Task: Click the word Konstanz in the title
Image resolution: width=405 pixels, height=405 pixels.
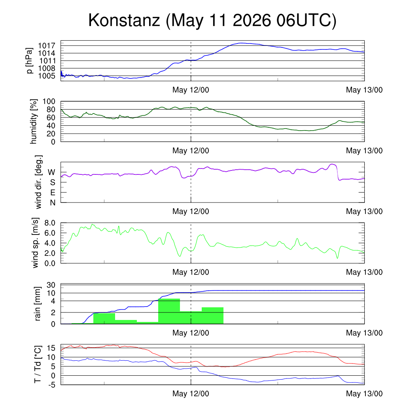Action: [124, 20]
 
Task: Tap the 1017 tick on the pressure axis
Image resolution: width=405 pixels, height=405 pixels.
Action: [47, 46]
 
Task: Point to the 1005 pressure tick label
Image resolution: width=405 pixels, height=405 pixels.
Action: [47, 76]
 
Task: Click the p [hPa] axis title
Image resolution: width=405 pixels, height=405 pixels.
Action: [30, 61]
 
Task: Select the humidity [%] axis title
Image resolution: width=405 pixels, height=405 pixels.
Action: [34, 121]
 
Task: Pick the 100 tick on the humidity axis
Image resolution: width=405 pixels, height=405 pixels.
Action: [49, 101]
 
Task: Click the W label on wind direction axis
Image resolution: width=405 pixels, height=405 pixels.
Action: [51, 172]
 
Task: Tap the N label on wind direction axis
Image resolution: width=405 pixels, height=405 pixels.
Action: [53, 203]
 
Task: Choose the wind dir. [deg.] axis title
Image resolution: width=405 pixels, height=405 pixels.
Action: [38, 182]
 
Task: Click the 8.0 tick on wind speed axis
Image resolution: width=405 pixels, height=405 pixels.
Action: [50, 223]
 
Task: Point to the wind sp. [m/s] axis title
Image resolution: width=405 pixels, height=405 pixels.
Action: [35, 243]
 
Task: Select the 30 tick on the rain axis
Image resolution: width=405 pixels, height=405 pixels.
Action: [51, 285]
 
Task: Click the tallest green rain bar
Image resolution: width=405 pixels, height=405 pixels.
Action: [169, 311]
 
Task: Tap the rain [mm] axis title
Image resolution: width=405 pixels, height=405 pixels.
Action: [38, 304]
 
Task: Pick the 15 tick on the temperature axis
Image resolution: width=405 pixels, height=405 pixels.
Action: [51, 348]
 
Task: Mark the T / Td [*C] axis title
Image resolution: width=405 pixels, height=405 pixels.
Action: [38, 364]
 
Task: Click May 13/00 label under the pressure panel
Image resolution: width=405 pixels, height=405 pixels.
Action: [364, 90]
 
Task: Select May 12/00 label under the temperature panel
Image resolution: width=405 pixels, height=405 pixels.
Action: [191, 394]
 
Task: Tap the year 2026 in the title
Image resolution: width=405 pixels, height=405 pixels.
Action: [252, 20]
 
